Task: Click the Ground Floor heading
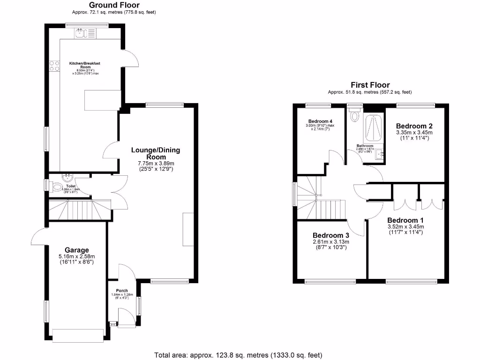(x=114, y=5)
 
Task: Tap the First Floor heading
(x=370, y=85)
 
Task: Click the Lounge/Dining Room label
(x=155, y=153)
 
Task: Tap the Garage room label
(x=77, y=250)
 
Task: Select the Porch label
(x=121, y=291)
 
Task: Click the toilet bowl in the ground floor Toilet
(x=57, y=187)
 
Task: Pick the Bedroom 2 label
(x=414, y=126)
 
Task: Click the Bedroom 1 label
(x=405, y=220)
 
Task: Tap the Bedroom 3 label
(x=330, y=235)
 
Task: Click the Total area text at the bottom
(x=238, y=355)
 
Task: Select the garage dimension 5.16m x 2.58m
(x=77, y=256)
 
